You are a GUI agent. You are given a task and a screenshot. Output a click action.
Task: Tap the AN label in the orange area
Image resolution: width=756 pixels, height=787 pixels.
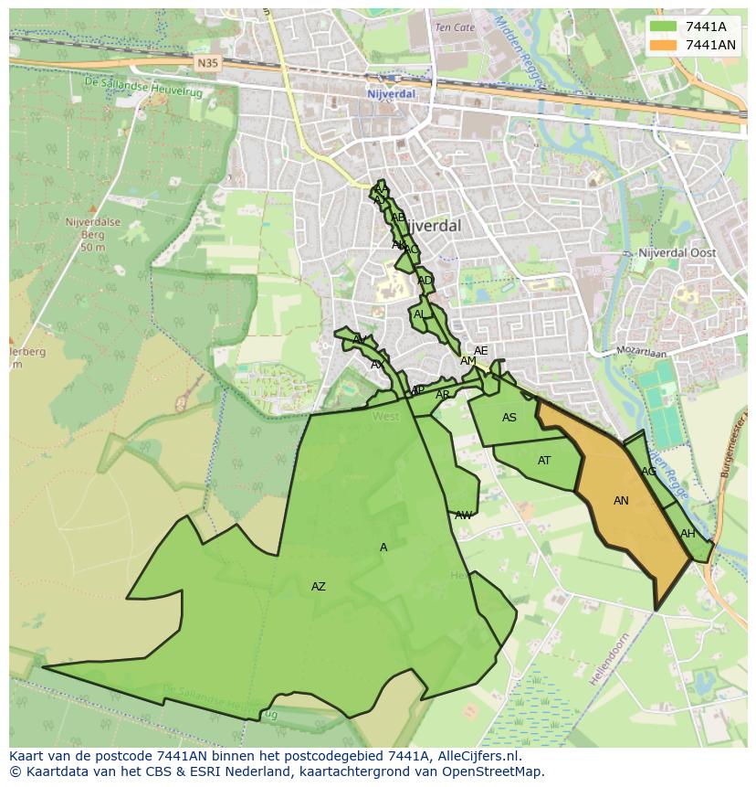[621, 500]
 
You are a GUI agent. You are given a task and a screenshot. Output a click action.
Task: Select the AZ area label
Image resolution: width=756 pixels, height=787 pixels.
[318, 587]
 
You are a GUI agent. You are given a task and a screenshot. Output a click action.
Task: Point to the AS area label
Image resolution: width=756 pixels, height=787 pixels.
[509, 418]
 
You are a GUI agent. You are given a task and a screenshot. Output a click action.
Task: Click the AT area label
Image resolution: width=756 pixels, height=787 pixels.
[544, 461]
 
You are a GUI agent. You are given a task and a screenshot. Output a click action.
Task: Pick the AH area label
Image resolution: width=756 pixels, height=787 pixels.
[688, 534]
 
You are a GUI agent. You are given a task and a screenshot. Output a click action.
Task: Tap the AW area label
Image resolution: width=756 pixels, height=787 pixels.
[464, 516]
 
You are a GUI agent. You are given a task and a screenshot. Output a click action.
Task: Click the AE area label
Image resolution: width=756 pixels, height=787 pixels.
[480, 351]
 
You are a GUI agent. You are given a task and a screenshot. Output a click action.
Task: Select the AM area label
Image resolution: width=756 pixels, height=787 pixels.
[467, 361]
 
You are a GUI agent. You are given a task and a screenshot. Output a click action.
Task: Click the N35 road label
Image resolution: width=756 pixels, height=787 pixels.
[206, 64]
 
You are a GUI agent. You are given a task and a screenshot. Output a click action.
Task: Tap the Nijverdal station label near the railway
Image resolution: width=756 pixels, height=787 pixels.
[391, 93]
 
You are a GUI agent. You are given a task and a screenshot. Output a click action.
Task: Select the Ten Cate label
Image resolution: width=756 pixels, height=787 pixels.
[455, 27]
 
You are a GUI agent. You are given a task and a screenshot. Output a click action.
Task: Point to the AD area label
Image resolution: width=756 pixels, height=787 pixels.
[425, 281]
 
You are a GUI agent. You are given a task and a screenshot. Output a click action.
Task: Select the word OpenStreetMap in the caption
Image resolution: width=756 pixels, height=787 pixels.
[498, 771]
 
